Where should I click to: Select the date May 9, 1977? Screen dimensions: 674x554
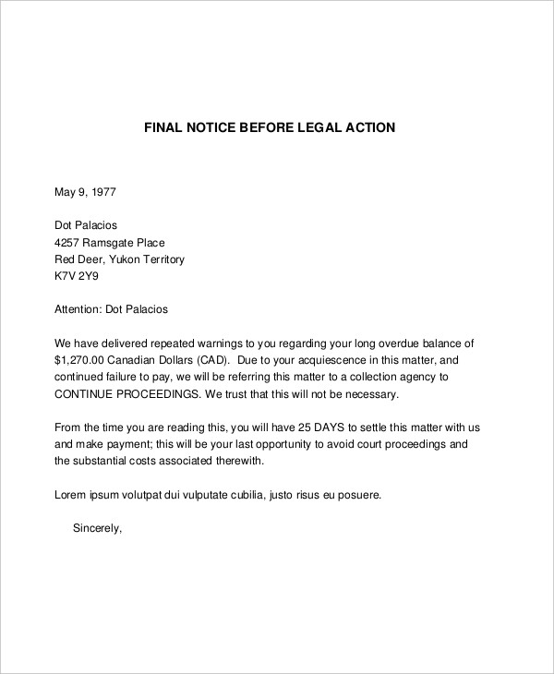(85, 193)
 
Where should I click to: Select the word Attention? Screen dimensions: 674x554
(81, 309)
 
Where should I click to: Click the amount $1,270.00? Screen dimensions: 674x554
(82, 360)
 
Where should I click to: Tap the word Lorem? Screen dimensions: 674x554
(72, 495)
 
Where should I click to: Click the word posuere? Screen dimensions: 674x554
(356, 495)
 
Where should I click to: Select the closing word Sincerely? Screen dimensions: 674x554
(97, 529)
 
